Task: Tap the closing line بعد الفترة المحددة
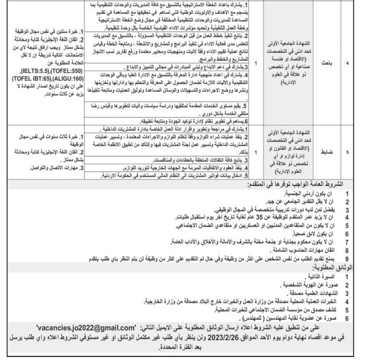(x=182, y=349)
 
